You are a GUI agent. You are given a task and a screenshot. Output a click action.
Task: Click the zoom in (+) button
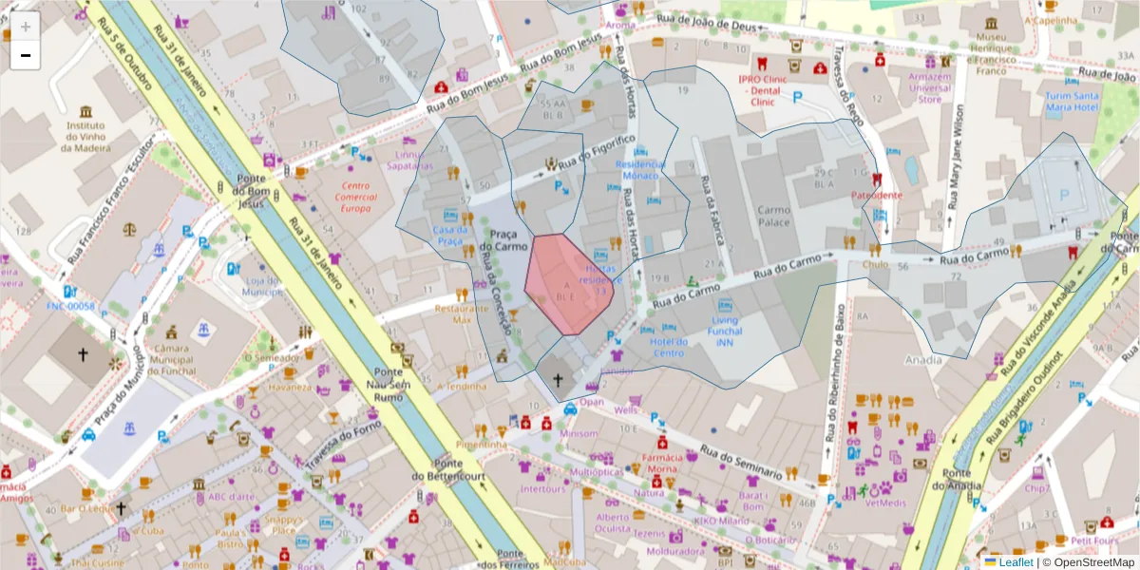(26, 26)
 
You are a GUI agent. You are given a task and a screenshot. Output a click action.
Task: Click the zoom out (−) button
(26, 55)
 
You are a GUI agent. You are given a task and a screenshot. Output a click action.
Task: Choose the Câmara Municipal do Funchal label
(171, 359)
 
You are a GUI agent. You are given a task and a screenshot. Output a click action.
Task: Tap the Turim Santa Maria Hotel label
(1072, 102)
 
